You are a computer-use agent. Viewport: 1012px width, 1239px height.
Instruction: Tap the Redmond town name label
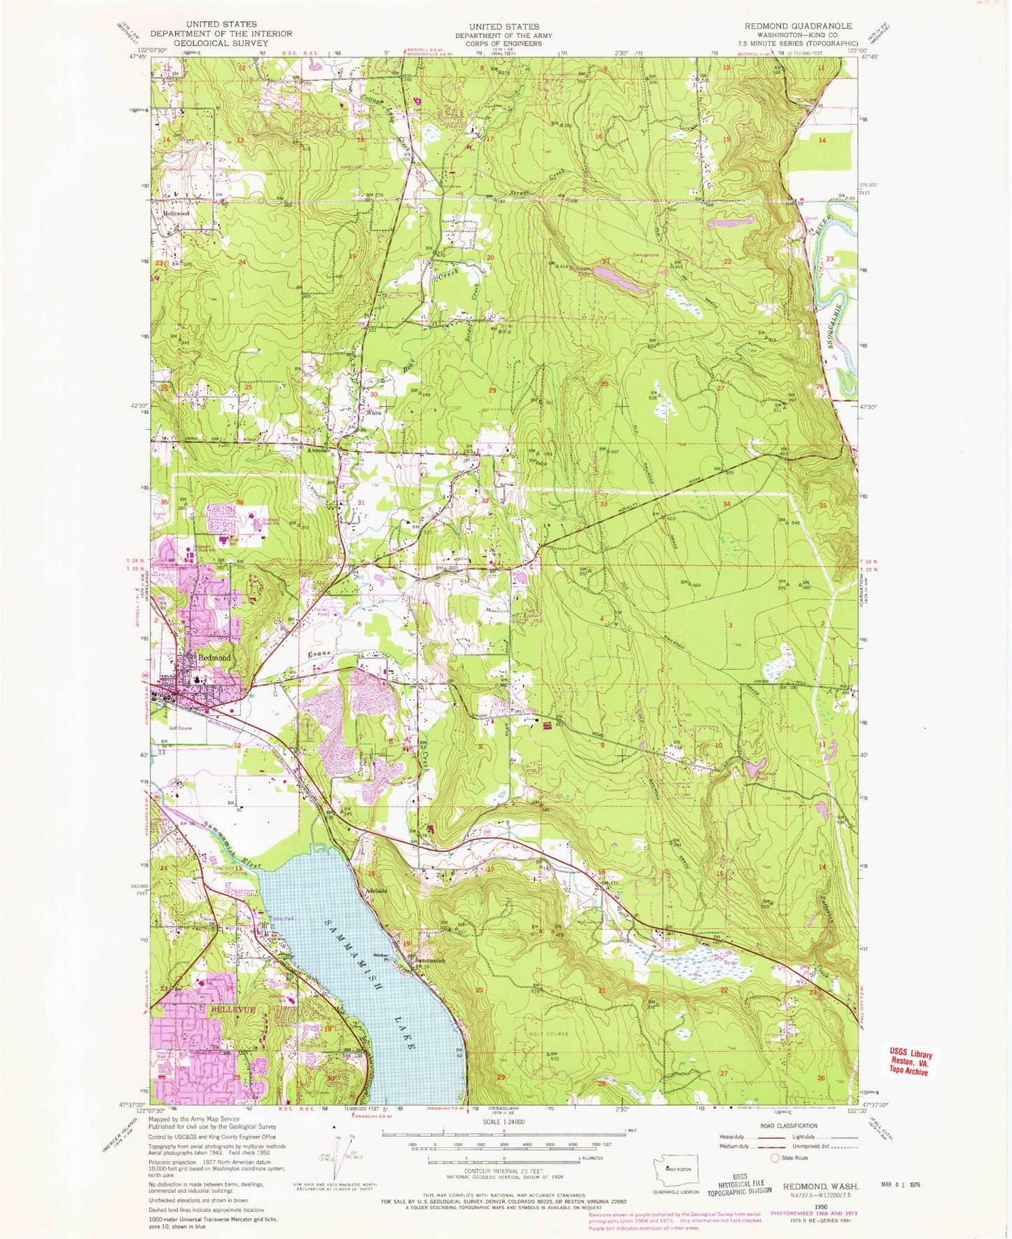(214, 658)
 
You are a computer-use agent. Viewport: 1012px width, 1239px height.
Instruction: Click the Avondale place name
(320, 451)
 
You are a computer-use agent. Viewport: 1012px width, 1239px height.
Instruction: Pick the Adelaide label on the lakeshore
(378, 892)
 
